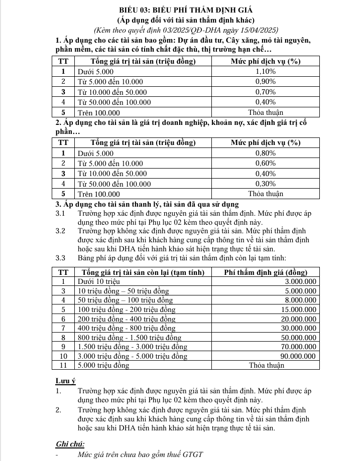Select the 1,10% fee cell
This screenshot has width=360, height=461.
tap(265, 72)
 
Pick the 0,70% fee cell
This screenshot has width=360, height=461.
tap(265, 92)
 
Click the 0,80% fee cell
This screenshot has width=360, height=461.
tap(265, 153)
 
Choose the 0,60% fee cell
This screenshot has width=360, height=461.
tap(265, 163)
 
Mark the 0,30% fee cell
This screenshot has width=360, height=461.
tap(265, 184)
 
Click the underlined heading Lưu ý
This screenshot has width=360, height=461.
tap(65, 380)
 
